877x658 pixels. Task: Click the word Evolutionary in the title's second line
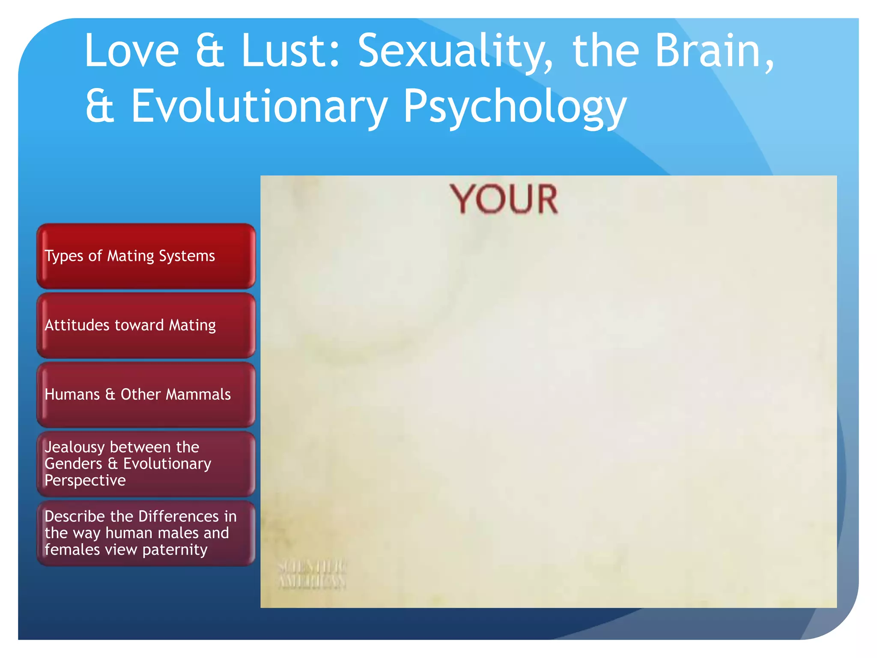(259, 106)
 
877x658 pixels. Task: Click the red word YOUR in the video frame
(504, 199)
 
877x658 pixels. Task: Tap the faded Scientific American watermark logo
(312, 574)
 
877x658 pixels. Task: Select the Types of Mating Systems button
(146, 256)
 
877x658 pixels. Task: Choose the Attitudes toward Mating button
(146, 325)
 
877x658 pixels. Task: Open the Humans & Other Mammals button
(146, 395)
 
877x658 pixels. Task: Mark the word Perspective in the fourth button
(85, 481)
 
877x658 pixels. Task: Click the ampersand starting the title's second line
(100, 106)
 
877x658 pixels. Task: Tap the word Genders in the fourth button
(73, 464)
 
